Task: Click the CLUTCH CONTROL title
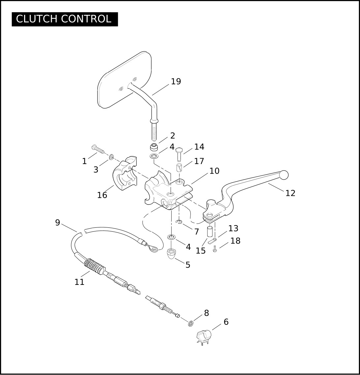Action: pos(64,19)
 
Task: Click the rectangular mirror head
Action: pos(124,80)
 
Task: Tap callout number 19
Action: pos(176,81)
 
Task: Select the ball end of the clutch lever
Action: pos(284,175)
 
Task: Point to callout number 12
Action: pos(290,193)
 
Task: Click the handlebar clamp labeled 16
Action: pos(124,173)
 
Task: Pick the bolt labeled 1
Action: pos(98,149)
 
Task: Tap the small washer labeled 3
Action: pos(111,157)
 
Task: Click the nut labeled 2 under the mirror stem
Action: pos(154,147)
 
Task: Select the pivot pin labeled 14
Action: pos(179,154)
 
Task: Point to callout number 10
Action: pos(214,171)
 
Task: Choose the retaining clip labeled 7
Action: pos(179,222)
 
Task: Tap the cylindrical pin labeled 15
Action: pos(210,231)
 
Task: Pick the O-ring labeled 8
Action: pos(191,324)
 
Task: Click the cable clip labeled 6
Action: pos(204,337)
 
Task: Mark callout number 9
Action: pos(58,222)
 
